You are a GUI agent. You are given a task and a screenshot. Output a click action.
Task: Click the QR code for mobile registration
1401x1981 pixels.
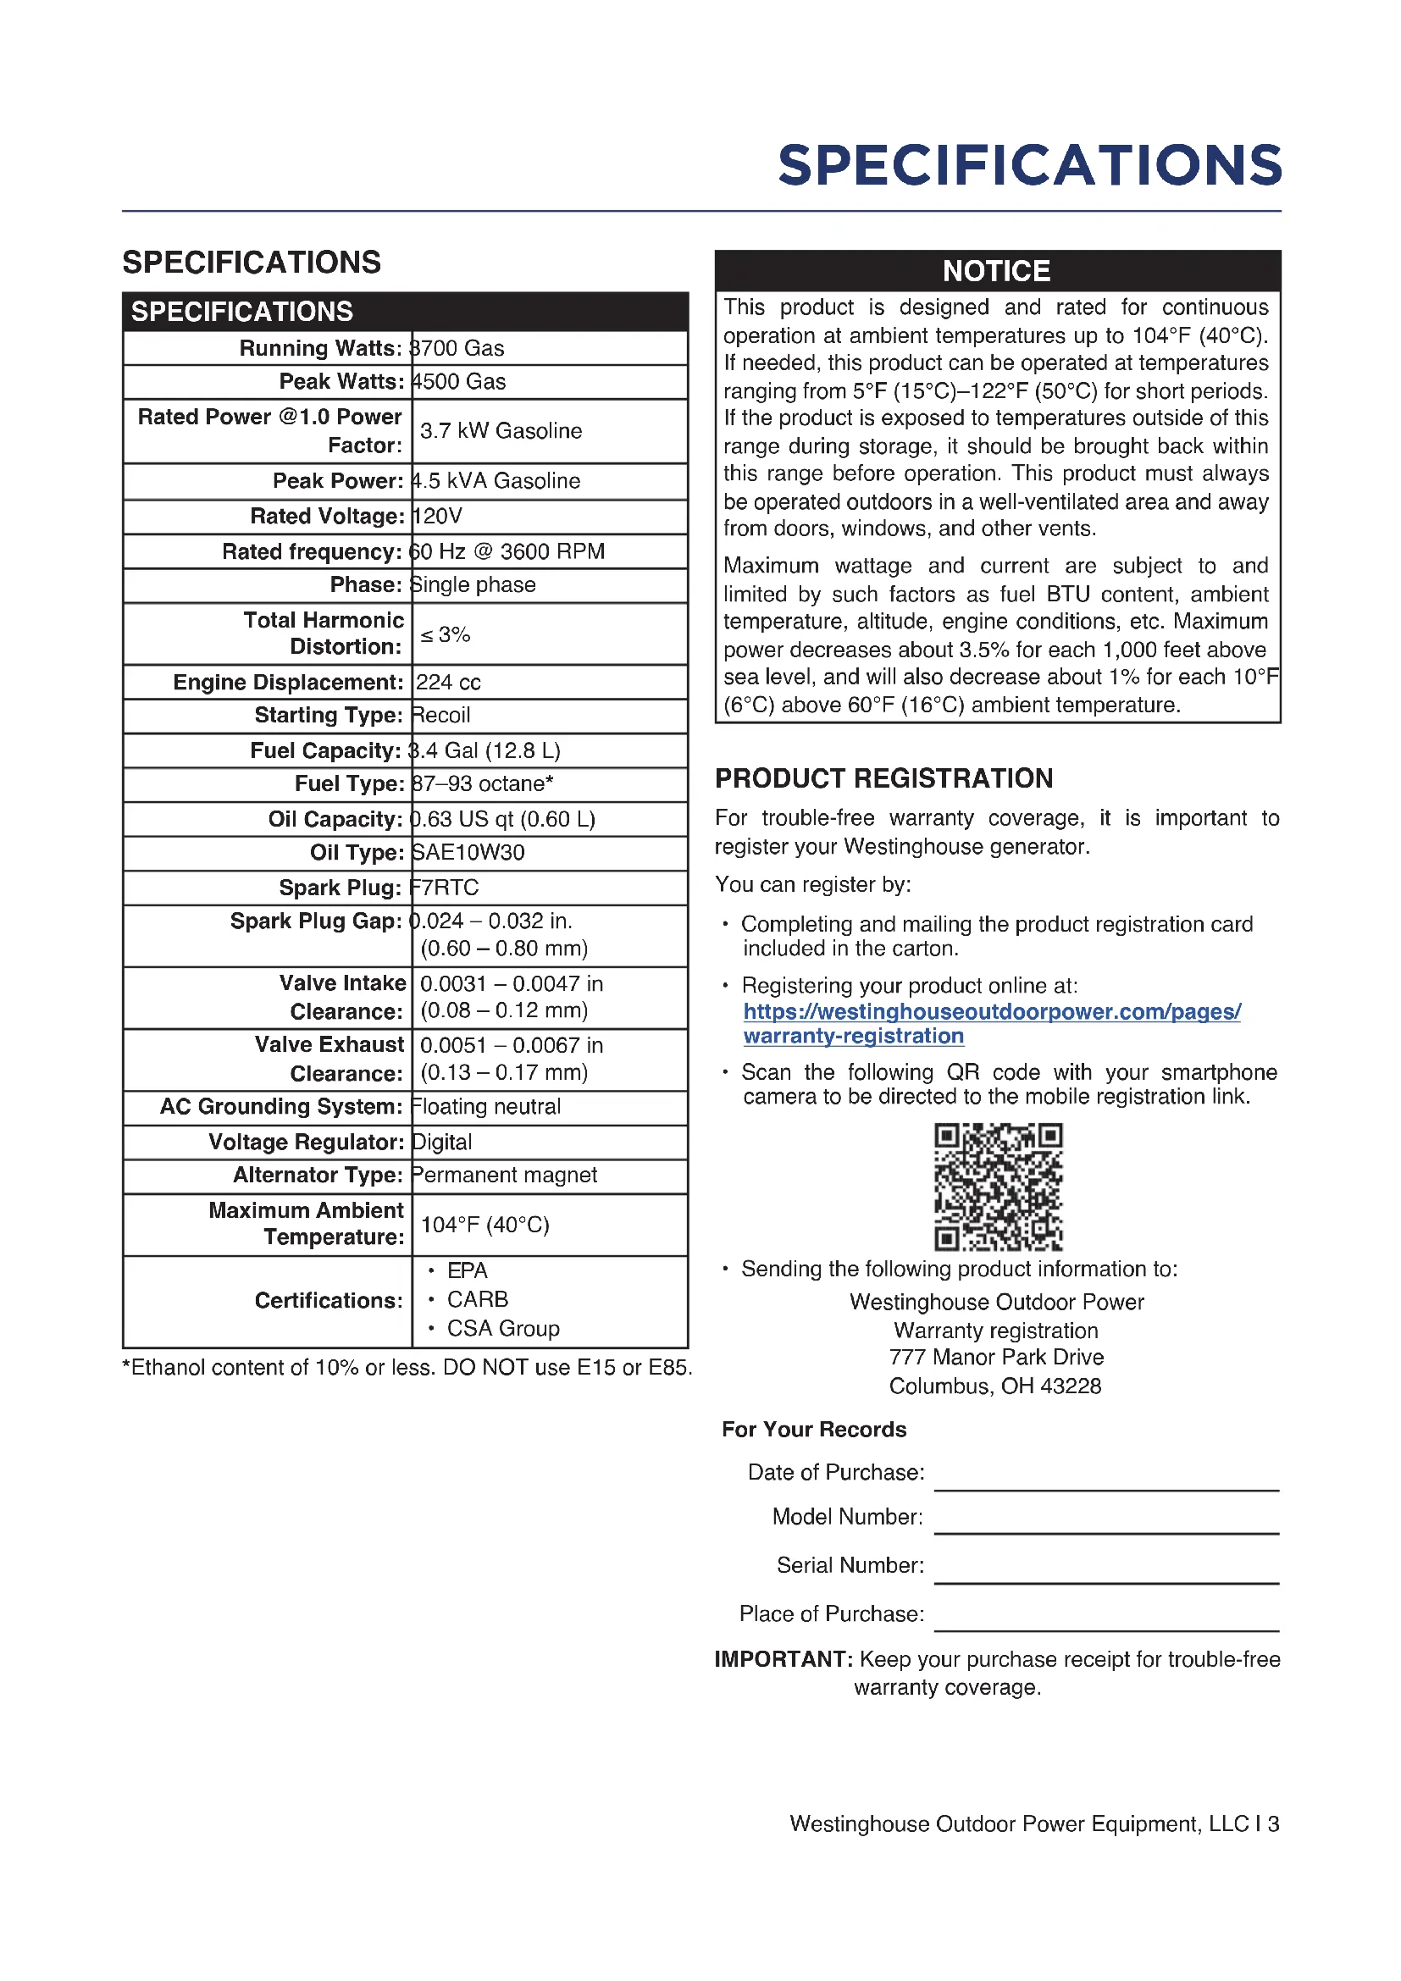pyautogui.click(x=997, y=1187)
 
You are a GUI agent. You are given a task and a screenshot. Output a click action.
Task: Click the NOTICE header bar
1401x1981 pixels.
pyautogui.click(x=996, y=271)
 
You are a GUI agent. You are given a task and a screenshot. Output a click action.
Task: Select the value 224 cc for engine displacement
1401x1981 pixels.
pyautogui.click(x=449, y=683)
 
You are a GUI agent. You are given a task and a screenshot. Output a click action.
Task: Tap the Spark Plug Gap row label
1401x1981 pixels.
pyautogui.click(x=316, y=921)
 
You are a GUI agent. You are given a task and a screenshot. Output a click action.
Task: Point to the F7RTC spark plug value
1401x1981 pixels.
pyautogui.click(x=446, y=888)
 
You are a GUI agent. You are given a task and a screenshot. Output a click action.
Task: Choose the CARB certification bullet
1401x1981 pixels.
pyautogui.click(x=477, y=1299)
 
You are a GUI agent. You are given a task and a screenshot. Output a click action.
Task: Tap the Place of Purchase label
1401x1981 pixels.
pyautogui.click(x=831, y=1614)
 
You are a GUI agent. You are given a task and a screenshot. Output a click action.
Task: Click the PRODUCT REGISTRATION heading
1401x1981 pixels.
pyautogui.click(x=883, y=778)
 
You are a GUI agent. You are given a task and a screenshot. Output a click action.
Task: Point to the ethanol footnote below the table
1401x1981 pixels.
pyautogui.click(x=407, y=1368)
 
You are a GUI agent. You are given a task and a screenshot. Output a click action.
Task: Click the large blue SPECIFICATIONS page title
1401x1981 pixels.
pyautogui.click(x=1029, y=165)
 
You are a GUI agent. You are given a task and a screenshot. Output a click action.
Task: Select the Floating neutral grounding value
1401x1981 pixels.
pyautogui.click(x=486, y=1107)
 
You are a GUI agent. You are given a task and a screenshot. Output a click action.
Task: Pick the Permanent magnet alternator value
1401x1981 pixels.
pyautogui.click(x=505, y=1176)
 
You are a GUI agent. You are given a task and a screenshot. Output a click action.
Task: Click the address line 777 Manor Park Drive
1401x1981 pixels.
pyautogui.click(x=996, y=1357)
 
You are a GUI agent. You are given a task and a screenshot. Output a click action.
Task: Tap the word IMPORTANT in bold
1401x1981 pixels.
pyautogui.click(x=783, y=1659)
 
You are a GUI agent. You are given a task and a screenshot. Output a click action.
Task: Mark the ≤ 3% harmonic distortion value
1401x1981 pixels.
pyautogui.click(x=446, y=635)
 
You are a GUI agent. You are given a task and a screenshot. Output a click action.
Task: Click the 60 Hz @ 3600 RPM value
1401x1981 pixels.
pyautogui.click(x=507, y=551)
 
